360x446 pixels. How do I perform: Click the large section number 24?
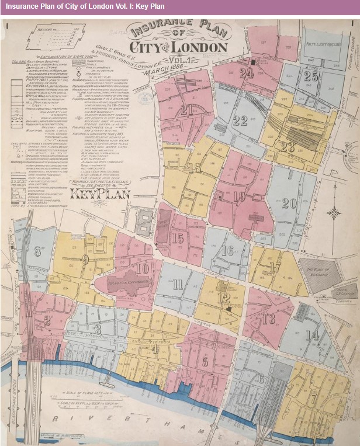247,73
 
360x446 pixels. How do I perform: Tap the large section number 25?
311,76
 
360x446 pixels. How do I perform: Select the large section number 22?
240,120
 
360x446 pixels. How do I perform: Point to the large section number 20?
289,203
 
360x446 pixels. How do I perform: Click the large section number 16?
228,251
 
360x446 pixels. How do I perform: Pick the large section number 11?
178,285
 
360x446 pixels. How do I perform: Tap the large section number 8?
39,252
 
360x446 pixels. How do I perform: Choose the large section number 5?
205,361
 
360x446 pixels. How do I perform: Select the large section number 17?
276,267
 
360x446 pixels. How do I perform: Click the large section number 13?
268,319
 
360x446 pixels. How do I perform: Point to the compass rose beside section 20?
334,213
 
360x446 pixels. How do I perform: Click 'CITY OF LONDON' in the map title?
178,47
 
